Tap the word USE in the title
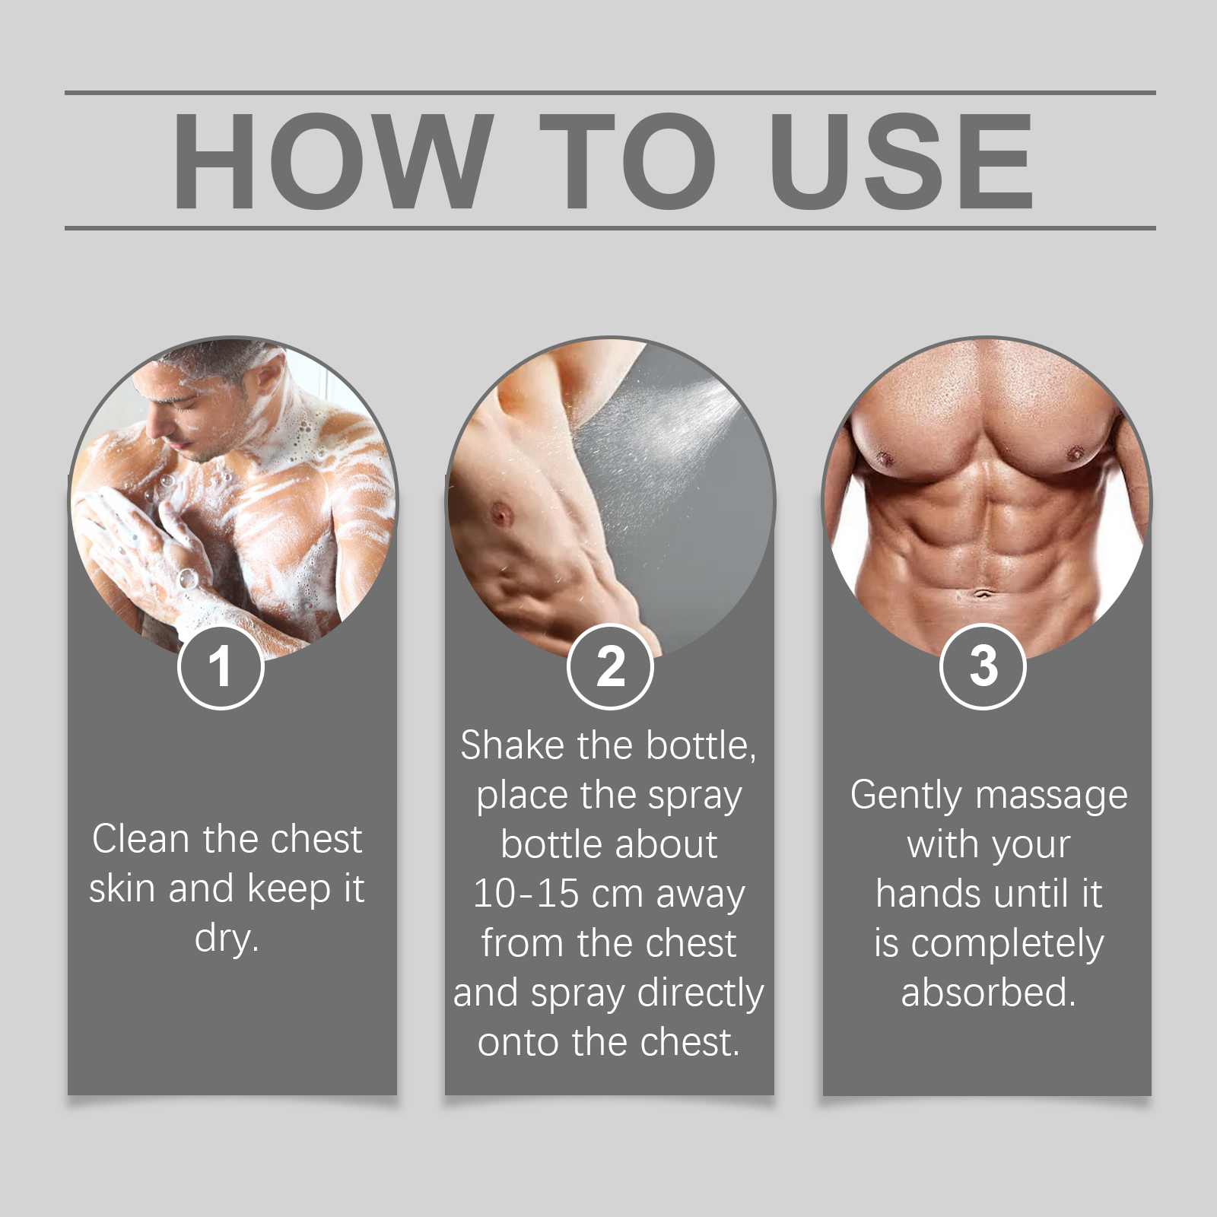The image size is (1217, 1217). point(902,160)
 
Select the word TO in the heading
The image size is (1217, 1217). point(628,160)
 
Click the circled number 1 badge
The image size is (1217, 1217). point(221,666)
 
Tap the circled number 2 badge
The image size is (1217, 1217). point(610,666)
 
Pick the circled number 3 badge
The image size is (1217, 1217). point(983,666)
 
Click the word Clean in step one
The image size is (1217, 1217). point(141,839)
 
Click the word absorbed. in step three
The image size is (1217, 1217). point(988,993)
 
